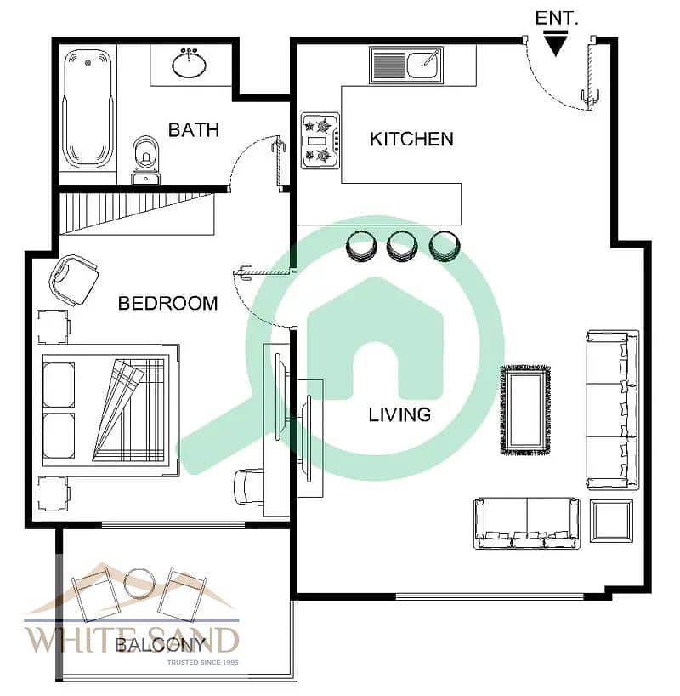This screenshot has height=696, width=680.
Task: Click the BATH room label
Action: coord(194,130)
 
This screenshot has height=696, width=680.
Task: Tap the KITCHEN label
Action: coord(411,139)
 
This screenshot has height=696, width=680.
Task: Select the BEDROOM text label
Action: coord(168,304)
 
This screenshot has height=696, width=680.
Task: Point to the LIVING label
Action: coord(399,415)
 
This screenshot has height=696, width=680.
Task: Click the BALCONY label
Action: coord(161,645)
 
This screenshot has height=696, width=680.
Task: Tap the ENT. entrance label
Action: coord(557,18)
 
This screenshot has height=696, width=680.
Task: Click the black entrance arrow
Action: coord(555,43)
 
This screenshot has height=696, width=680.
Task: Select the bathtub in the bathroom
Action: coord(88,109)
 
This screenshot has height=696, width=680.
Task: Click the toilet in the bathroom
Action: coord(146,160)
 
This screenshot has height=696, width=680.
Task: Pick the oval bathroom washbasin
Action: coord(189,65)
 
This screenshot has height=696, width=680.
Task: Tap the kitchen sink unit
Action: coord(405,65)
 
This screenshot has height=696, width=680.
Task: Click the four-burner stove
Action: coord(321,140)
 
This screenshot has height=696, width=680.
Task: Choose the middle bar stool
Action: coord(401,247)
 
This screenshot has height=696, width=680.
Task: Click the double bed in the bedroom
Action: coord(110,410)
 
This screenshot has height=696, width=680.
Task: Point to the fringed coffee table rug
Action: coord(525,410)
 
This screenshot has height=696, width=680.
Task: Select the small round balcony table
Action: coord(139,583)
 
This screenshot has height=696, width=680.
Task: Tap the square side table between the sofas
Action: coord(611,521)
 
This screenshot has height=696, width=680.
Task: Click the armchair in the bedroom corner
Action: coord(74,280)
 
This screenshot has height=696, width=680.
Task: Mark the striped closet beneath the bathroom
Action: coord(137,214)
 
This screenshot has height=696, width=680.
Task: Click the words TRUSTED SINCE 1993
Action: coord(202,662)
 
